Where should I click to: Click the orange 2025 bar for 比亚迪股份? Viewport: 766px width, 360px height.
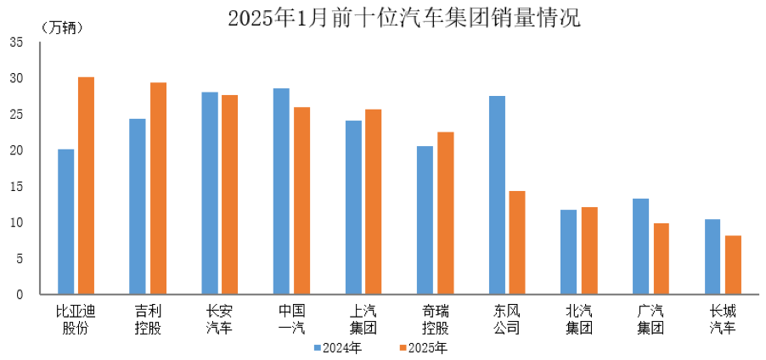click(86, 186)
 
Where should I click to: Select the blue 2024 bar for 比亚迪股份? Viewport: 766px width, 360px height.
click(65, 222)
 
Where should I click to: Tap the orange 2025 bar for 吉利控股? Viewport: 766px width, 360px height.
click(158, 188)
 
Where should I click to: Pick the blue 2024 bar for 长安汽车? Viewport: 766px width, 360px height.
click(209, 194)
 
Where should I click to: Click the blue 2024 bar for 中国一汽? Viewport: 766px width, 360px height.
click(281, 191)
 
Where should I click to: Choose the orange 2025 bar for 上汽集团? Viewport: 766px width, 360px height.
click(374, 202)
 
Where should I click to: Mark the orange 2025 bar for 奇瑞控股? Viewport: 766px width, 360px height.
click(445, 213)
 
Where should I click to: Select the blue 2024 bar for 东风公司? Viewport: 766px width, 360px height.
click(497, 195)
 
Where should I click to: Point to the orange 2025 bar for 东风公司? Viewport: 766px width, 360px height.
click(517, 243)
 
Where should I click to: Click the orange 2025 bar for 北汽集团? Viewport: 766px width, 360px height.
click(589, 250)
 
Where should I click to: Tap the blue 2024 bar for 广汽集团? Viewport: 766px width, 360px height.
click(641, 246)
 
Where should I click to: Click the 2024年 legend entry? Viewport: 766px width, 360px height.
click(337, 347)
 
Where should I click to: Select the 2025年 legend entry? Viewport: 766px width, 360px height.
click(422, 347)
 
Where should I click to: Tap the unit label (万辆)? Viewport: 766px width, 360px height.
click(62, 27)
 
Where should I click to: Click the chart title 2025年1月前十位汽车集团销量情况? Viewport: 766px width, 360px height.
click(404, 18)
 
